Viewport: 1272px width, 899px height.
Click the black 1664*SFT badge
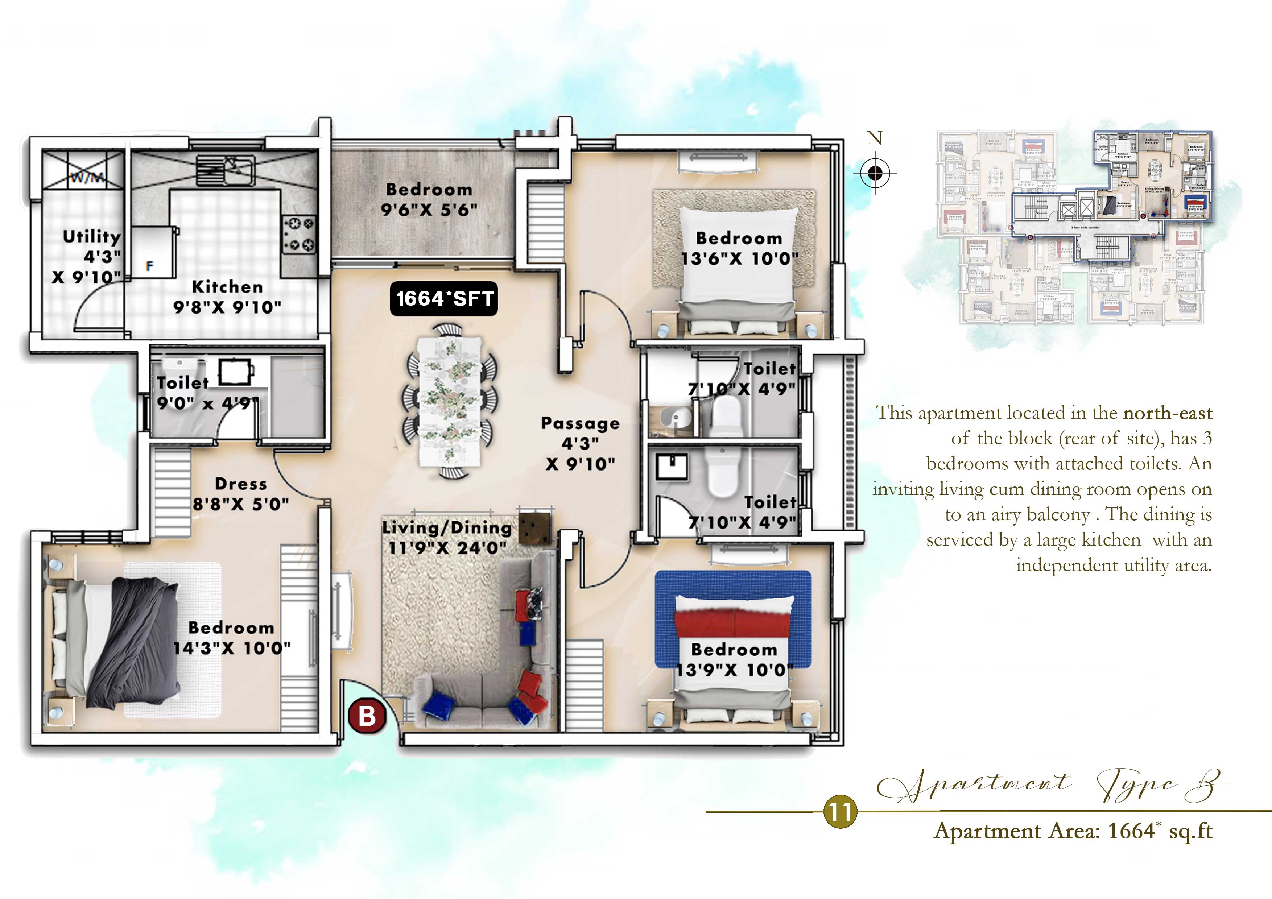click(444, 299)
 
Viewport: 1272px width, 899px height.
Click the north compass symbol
click(875, 173)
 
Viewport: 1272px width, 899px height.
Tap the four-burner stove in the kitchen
click(299, 234)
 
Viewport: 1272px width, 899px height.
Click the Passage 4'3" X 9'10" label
click(580, 443)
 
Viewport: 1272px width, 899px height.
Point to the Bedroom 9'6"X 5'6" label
click(429, 199)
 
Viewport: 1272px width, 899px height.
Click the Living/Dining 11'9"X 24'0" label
click(446, 537)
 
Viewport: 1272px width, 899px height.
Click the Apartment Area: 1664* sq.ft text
click(1073, 831)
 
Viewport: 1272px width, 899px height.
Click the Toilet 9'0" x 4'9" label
click(206, 393)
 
